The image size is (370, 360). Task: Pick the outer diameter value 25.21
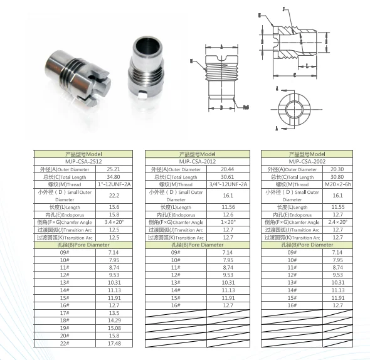click(x=114, y=169)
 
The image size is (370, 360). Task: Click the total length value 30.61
click(x=227, y=177)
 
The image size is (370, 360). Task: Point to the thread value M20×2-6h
click(x=337, y=184)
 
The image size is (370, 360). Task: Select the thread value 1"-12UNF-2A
click(x=114, y=184)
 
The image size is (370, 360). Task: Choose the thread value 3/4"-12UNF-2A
click(x=227, y=184)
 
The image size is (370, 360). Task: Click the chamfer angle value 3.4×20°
click(x=114, y=223)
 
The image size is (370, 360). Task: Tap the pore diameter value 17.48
click(x=114, y=343)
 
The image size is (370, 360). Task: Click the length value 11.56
click(x=227, y=207)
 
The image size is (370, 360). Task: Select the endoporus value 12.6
click(x=227, y=214)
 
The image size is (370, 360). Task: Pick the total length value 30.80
click(x=337, y=177)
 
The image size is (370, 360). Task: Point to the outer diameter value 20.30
click(x=337, y=169)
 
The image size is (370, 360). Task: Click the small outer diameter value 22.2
click(x=114, y=196)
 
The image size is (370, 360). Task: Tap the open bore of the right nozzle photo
click(x=146, y=46)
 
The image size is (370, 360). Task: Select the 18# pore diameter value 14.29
click(x=114, y=320)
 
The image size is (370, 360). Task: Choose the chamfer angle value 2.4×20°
click(x=337, y=223)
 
